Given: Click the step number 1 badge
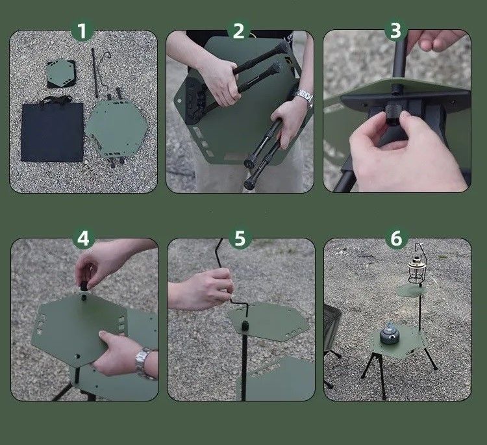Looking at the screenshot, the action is tap(82, 31).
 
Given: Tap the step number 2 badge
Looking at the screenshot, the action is tap(238, 31).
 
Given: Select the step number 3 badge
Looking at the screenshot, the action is tap(395, 31).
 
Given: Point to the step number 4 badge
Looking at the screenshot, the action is tap(83, 238).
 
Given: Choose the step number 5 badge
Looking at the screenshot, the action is tap(240, 238).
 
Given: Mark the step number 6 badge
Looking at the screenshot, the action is tap(396, 238).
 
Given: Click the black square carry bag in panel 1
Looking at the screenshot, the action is tap(52, 131).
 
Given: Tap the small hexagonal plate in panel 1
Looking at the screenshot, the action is tap(61, 73).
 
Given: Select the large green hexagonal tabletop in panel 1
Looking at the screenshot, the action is tap(117, 129).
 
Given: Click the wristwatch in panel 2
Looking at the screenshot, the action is tap(304, 96).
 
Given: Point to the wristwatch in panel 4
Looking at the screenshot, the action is tap(144, 362).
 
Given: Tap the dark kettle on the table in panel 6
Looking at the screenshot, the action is tap(390, 333).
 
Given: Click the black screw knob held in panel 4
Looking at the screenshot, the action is tap(84, 286).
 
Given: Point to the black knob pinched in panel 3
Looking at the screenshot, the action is tap(392, 114).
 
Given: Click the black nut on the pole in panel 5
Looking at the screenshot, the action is tap(244, 326).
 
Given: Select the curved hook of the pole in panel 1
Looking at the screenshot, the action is tap(106, 57).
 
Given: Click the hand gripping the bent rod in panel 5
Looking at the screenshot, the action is tap(201, 289).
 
